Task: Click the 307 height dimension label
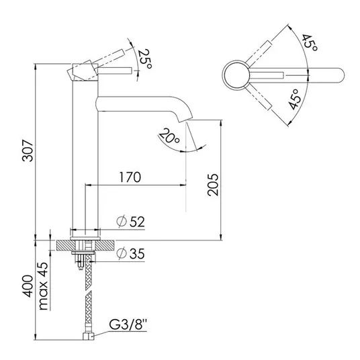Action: click(28, 150)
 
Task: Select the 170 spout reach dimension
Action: click(130, 177)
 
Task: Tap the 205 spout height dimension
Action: click(213, 185)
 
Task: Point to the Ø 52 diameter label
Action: click(131, 222)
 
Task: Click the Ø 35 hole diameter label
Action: click(131, 253)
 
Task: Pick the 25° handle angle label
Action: click(144, 60)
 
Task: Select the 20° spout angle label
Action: click(169, 136)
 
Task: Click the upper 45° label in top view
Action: click(310, 44)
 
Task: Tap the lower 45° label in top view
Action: click(295, 99)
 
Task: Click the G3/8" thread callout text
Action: click(128, 325)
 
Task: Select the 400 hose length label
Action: click(28, 286)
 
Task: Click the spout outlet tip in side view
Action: click(184, 120)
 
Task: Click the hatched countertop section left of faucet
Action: click(66, 245)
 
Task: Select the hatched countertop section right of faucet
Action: click(105, 245)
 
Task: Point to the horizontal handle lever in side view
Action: click(115, 71)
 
